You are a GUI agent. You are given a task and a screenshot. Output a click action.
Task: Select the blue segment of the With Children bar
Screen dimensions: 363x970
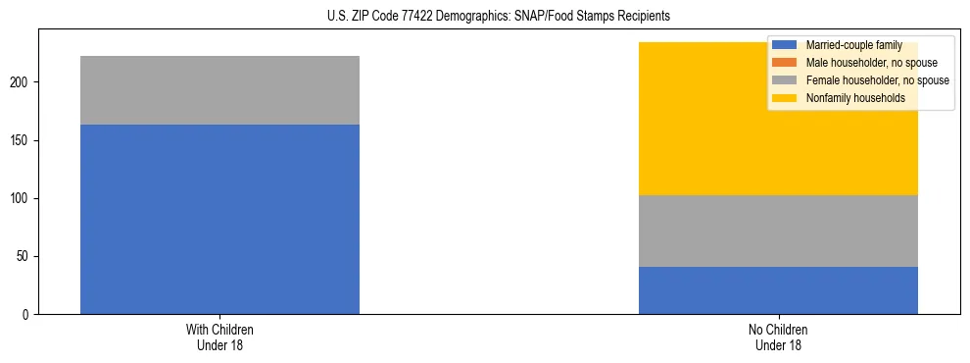[x=219, y=219]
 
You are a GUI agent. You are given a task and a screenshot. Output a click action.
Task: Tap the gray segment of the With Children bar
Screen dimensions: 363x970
[x=219, y=90]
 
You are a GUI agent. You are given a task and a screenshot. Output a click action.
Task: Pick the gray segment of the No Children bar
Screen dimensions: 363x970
[x=778, y=231]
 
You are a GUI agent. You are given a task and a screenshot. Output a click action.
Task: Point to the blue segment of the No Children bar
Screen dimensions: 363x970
[x=778, y=290]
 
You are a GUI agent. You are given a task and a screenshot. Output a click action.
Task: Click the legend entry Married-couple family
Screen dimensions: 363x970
[x=851, y=45]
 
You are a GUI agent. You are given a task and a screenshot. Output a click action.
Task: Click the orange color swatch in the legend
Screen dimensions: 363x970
[x=785, y=63]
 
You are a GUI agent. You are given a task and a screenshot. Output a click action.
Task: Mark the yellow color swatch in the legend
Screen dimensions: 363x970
[x=785, y=98]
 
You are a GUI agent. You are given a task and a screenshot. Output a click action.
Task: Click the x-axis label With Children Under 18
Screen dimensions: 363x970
[x=219, y=337]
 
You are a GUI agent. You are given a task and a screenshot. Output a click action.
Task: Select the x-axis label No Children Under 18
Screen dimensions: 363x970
[x=778, y=337]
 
